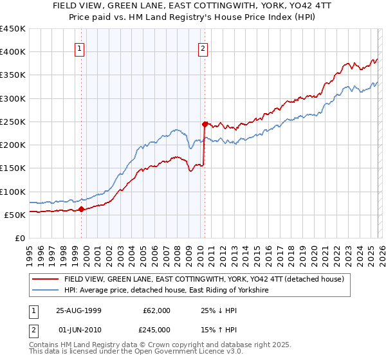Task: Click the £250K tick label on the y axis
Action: (x=13, y=122)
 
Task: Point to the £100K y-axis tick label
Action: (x=13, y=192)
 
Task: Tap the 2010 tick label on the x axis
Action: (x=200, y=250)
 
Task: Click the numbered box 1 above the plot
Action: (x=79, y=48)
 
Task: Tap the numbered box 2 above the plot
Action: (x=203, y=48)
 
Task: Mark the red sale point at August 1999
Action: (x=82, y=209)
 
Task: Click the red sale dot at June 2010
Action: (x=205, y=123)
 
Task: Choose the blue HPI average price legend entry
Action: (x=167, y=291)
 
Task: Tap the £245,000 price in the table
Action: (x=156, y=329)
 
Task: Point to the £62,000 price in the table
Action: (x=156, y=310)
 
